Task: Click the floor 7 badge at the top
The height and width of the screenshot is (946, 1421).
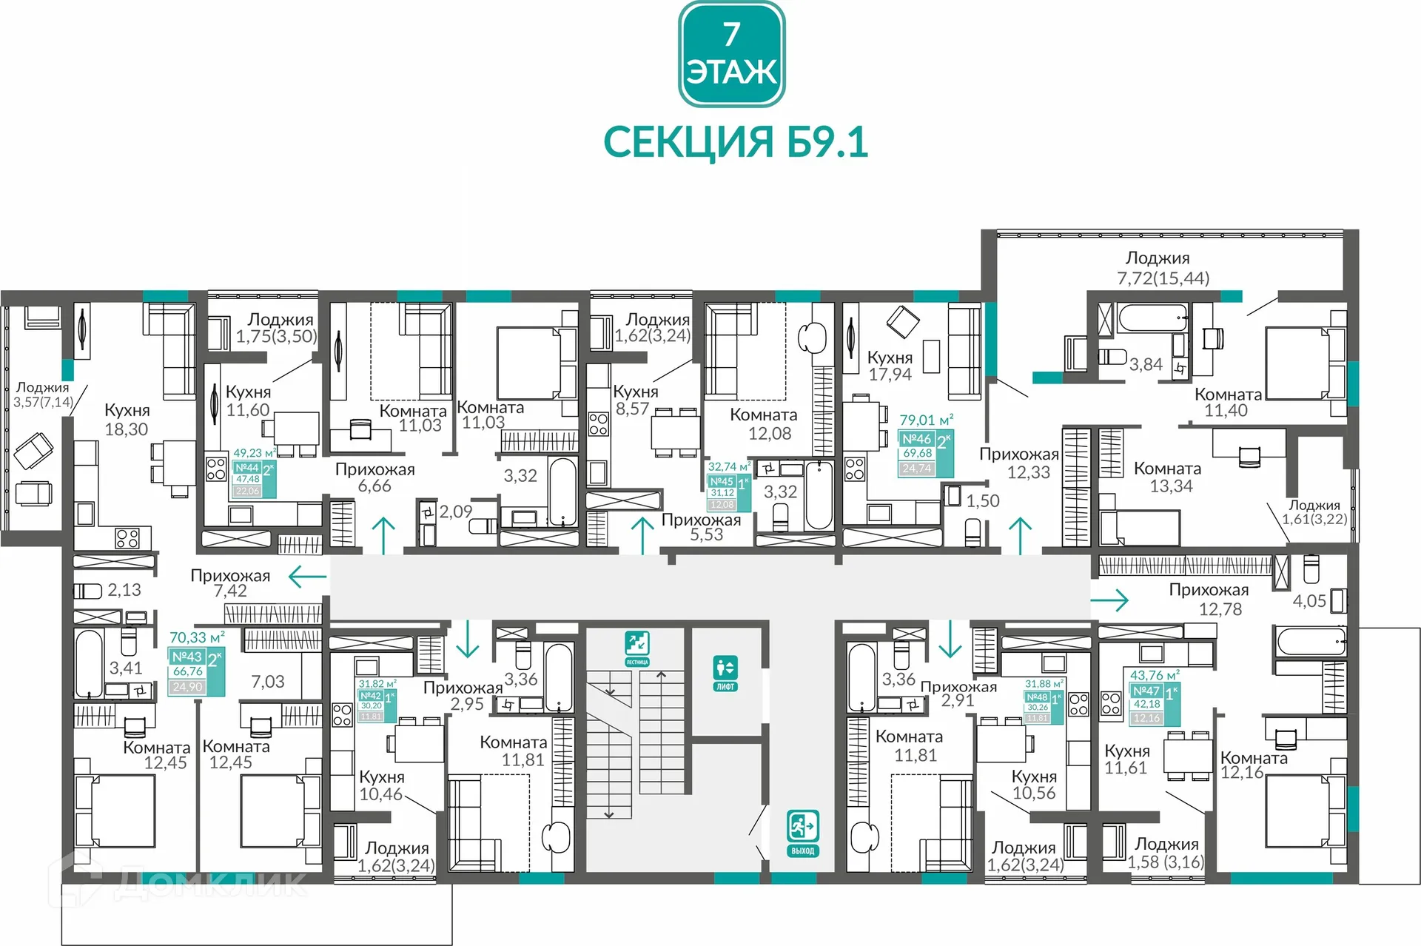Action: pyautogui.click(x=731, y=54)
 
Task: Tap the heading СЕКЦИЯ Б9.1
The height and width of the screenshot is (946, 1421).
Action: pyautogui.click(x=735, y=142)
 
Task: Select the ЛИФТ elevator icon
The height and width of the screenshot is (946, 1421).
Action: pyautogui.click(x=725, y=672)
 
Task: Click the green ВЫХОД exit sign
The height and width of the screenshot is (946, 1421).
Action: pyautogui.click(x=802, y=833)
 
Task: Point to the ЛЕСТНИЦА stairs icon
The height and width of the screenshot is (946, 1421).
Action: pyautogui.click(x=636, y=648)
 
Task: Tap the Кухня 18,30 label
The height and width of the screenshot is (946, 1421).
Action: pyautogui.click(x=127, y=420)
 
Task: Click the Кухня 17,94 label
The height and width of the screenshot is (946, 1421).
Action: pyautogui.click(x=890, y=366)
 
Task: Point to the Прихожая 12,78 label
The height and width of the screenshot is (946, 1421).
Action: pyautogui.click(x=1209, y=600)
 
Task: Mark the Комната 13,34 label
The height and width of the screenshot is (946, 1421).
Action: pyautogui.click(x=1167, y=477)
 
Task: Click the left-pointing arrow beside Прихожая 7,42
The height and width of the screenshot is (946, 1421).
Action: pyautogui.click(x=307, y=577)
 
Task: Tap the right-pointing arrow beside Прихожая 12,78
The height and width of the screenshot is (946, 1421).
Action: pyautogui.click(x=1110, y=600)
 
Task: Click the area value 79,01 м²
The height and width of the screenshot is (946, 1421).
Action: pyautogui.click(x=925, y=420)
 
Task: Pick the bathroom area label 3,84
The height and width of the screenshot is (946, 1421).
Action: pyautogui.click(x=1145, y=364)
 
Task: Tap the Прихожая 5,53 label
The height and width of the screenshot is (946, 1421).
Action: pyautogui.click(x=701, y=527)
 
